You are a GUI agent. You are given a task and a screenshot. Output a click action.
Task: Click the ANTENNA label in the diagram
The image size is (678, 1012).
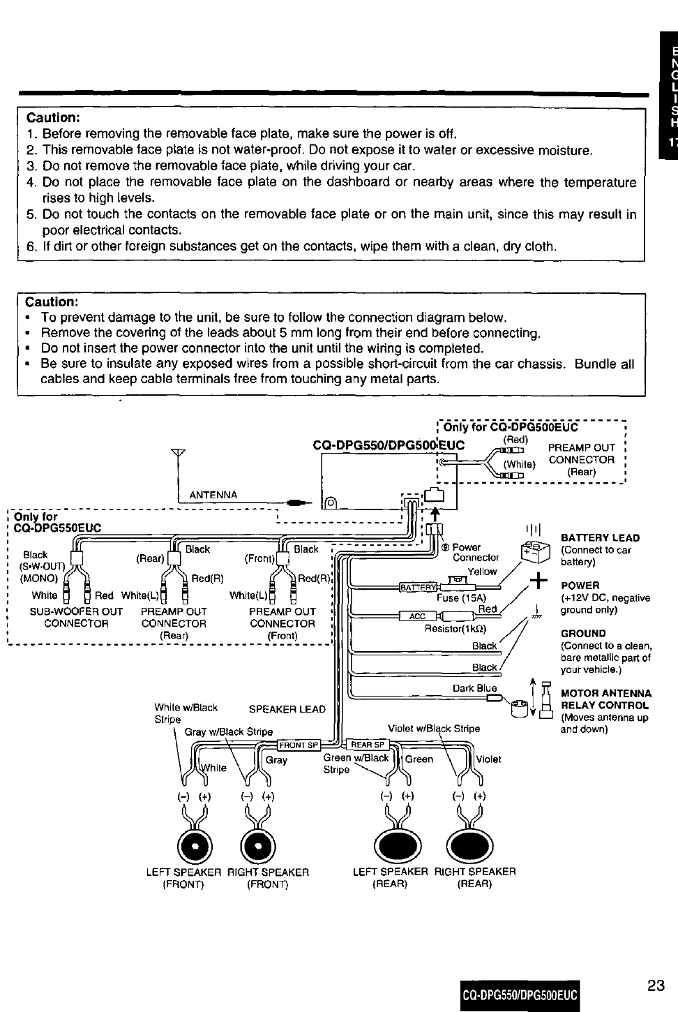pyautogui.click(x=213, y=495)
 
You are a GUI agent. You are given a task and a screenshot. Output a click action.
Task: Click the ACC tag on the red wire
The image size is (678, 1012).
pyautogui.click(x=417, y=616)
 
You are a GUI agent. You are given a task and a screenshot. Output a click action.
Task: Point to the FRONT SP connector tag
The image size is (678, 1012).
pyautogui.click(x=299, y=743)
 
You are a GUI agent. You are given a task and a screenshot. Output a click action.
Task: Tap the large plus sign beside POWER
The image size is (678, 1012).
pyautogui.click(x=538, y=581)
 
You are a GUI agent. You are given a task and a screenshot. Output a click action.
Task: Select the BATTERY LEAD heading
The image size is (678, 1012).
pyautogui.click(x=600, y=538)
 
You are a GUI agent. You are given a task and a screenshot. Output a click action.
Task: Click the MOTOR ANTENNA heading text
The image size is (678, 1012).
pyautogui.click(x=606, y=693)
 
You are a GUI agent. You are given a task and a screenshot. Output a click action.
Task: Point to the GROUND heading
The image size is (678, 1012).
pyautogui.click(x=583, y=634)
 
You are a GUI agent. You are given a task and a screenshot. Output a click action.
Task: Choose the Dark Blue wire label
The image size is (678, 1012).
pyautogui.click(x=474, y=688)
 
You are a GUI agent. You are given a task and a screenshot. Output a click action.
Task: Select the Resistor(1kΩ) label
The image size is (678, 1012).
pyautogui.click(x=456, y=628)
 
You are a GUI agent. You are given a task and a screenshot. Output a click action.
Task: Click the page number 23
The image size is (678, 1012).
pyautogui.click(x=655, y=985)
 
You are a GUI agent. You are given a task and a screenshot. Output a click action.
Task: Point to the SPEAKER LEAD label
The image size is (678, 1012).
pyautogui.click(x=287, y=709)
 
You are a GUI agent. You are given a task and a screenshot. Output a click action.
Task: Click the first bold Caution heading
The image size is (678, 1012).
pyautogui.click(x=53, y=117)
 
